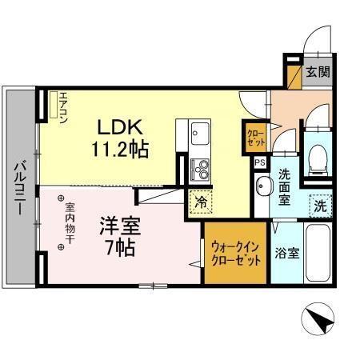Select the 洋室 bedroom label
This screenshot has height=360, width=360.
pos(115,225)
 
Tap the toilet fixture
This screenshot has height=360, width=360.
pos(318,154)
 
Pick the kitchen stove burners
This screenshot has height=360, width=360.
pos(200,169)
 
